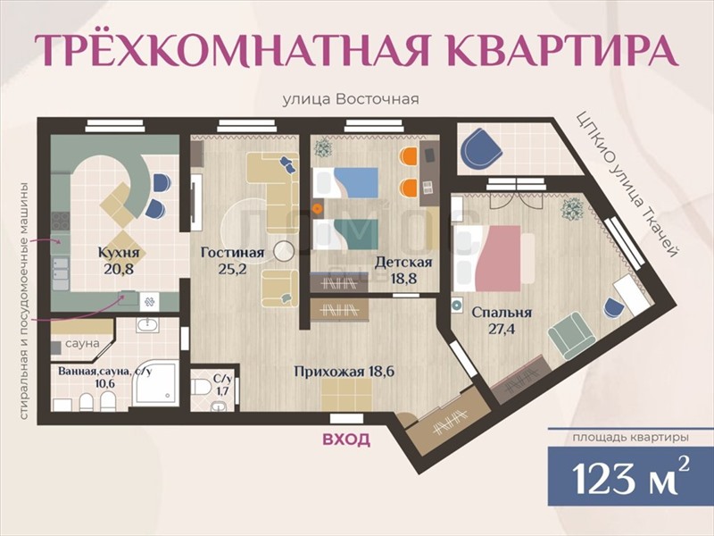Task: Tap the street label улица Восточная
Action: pos(351,99)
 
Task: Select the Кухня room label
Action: pos(119,253)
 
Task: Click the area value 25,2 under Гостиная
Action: pos(232,269)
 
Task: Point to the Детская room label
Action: pos(403,262)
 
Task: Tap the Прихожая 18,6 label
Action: pos(345,372)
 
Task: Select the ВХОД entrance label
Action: pos(346,440)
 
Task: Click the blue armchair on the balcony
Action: pos(481,149)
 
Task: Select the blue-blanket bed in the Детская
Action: pos(345,182)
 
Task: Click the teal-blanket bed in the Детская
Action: pos(345,234)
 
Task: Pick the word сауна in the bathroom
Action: pos(82,343)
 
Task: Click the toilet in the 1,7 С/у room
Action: pos(201,388)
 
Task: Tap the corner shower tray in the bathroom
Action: pos(155,383)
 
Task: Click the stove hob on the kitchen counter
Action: pos(60,222)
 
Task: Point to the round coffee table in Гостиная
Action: pos(284,251)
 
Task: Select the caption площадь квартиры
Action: pos(631,438)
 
